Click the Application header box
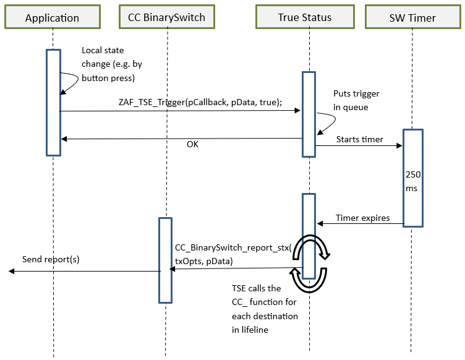[x=52, y=17]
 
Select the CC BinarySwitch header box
[x=166, y=17]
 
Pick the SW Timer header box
[x=413, y=17]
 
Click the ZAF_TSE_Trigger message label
[x=200, y=103]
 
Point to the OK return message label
[x=193, y=145]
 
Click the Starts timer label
[x=359, y=139]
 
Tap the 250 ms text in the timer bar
[x=413, y=181]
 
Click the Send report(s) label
[x=51, y=259]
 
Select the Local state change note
[x=109, y=64]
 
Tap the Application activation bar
[x=53, y=102]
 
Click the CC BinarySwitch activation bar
[x=164, y=260]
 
